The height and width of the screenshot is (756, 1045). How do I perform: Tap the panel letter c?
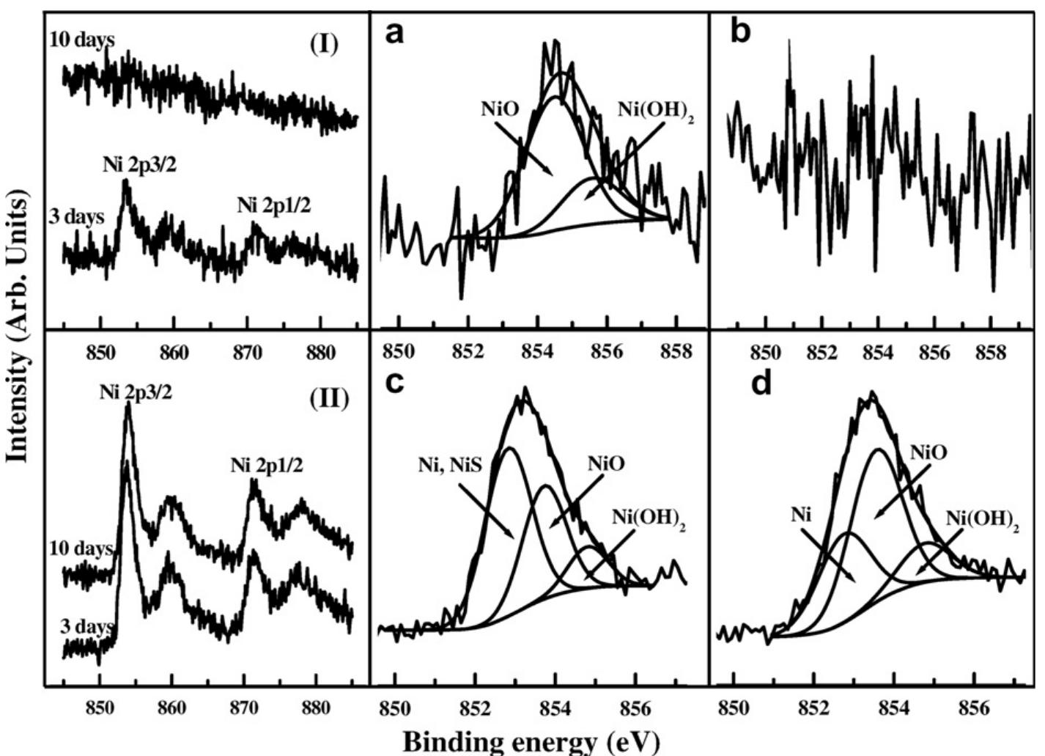pos(395,382)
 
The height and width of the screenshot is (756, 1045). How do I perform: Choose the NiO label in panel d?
pos(928,452)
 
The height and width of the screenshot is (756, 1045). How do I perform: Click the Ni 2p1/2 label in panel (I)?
pos(273,206)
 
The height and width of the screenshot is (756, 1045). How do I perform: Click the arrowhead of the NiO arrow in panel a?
pos(551,174)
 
